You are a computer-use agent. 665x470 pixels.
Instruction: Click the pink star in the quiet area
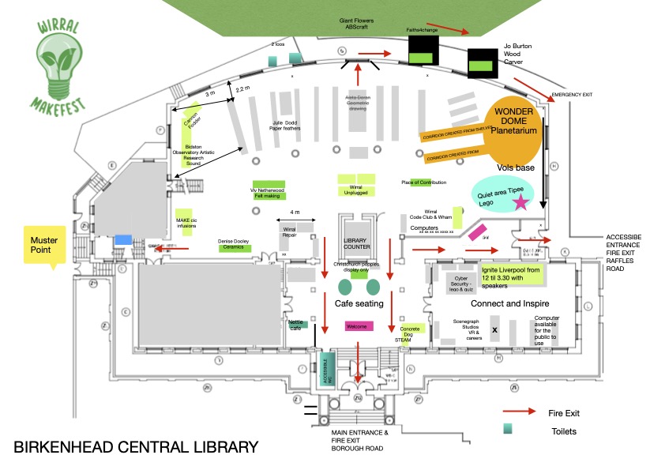[x=520, y=202]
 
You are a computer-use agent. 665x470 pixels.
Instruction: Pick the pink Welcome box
[x=358, y=326]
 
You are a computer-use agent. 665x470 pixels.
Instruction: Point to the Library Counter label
[x=356, y=245]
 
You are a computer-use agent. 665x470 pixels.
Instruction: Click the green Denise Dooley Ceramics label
[x=235, y=246]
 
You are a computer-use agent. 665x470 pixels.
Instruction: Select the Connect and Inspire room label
[x=509, y=304]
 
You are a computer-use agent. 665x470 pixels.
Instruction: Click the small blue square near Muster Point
[x=123, y=239]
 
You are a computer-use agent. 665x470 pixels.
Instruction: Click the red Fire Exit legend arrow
[x=520, y=412]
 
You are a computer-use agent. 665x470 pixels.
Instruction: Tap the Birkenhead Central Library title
[x=136, y=448]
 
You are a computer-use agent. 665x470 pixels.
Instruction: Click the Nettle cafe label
[x=296, y=325]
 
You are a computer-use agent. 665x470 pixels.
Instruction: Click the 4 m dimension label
[x=295, y=212]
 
